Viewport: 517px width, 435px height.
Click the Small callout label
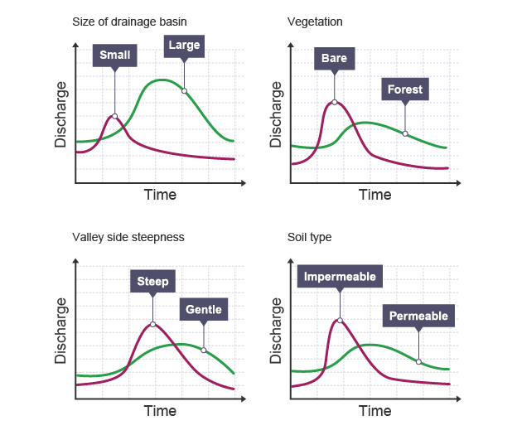pyautogui.click(x=115, y=56)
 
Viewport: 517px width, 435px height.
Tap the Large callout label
pyautogui.click(x=184, y=46)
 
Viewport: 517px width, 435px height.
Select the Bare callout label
pyautogui.click(x=335, y=59)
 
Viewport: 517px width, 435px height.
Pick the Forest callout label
pyautogui.click(x=404, y=89)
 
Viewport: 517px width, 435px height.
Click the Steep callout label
pyautogui.click(x=153, y=282)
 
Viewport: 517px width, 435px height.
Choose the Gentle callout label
pyautogui.click(x=203, y=311)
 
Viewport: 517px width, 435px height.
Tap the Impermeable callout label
pyautogui.click(x=340, y=277)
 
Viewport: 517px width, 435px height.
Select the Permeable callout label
pyautogui.click(x=418, y=316)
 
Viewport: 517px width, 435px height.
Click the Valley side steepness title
pyautogui.click(x=128, y=237)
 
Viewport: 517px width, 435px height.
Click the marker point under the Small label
pyautogui.click(x=114, y=116)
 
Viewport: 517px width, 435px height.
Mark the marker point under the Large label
pyautogui.click(x=184, y=90)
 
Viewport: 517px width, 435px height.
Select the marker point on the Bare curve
pyautogui.click(x=335, y=102)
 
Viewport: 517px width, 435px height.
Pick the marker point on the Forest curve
pyautogui.click(x=404, y=133)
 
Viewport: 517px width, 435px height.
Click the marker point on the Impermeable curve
pyautogui.click(x=340, y=320)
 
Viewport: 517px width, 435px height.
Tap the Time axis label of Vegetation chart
pyautogui.click(x=374, y=196)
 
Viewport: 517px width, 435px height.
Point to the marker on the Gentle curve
pyautogui.click(x=203, y=350)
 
